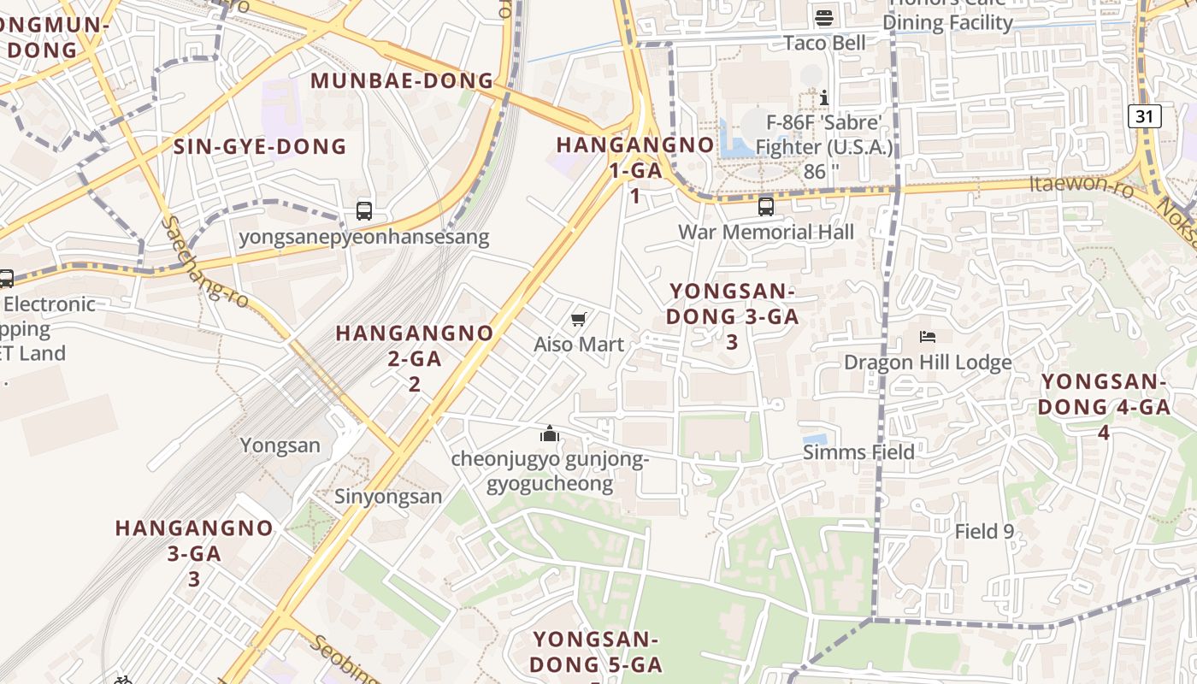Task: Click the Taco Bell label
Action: pyautogui.click(x=825, y=43)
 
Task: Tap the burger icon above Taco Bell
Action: pyautogui.click(x=824, y=17)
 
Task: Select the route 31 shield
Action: pyautogui.click(x=1144, y=116)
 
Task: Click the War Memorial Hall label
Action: pyautogui.click(x=765, y=232)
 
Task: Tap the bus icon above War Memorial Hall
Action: pyautogui.click(x=765, y=206)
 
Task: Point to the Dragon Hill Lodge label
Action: pyautogui.click(x=928, y=362)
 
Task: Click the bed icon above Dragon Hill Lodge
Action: pyautogui.click(x=928, y=337)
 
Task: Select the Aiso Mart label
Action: pyautogui.click(x=579, y=344)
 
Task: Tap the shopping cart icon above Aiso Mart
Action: pyautogui.click(x=579, y=320)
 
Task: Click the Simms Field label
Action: pyautogui.click(x=858, y=451)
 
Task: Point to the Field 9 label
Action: pyautogui.click(x=984, y=531)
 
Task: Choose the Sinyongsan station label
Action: pyautogui.click(x=388, y=496)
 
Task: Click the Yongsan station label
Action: pyautogui.click(x=280, y=445)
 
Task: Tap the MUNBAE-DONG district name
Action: pyautogui.click(x=402, y=81)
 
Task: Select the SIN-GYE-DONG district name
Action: pyautogui.click(x=260, y=146)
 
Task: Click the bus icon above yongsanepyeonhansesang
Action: pyautogui.click(x=363, y=210)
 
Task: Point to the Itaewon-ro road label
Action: pyautogui.click(x=1081, y=186)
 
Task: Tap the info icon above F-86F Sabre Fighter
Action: pyautogui.click(x=824, y=97)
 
